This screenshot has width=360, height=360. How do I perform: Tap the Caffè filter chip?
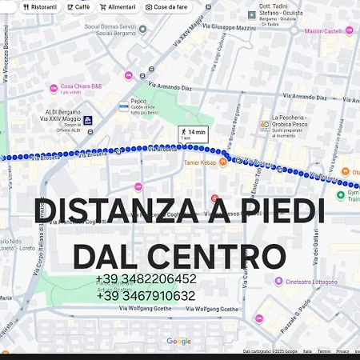(78, 6)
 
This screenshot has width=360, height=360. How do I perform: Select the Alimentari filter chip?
(118, 6)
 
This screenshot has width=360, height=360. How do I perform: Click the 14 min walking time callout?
(193, 134)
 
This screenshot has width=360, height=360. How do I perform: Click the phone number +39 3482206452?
(146, 279)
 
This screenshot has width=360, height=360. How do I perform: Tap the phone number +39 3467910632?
(146, 296)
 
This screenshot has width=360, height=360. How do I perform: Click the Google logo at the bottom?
(178, 342)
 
